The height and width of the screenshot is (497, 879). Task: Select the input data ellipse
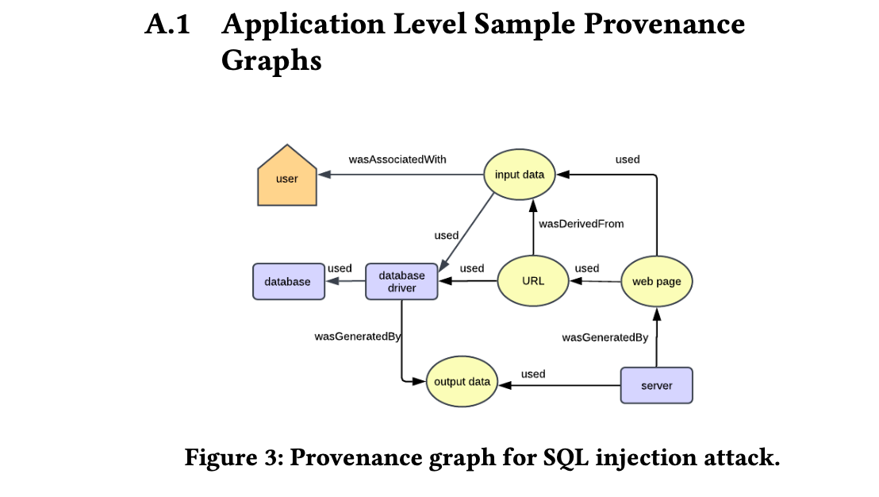pos(519,175)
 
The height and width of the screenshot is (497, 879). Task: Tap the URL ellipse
pos(533,281)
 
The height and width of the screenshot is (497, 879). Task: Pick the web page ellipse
pos(656,281)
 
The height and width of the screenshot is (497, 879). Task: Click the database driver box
pos(401,282)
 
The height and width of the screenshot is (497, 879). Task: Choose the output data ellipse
pos(462,381)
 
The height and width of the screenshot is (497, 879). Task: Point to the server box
pos(656,385)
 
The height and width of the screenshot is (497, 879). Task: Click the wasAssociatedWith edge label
pos(397,160)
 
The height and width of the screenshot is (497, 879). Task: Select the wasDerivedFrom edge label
pos(582,224)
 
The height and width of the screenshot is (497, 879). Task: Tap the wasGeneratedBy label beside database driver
pos(358,337)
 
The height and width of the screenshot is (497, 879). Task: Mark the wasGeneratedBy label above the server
pos(605,337)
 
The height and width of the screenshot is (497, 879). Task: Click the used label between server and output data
pos(533,374)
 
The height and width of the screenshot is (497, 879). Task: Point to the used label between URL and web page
pos(587,268)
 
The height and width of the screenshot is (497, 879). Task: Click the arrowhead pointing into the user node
pos(324,175)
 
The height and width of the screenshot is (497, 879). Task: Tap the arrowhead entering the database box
pos(332,280)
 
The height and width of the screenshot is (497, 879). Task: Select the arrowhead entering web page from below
pos(656,314)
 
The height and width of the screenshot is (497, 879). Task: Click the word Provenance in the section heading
pos(664,24)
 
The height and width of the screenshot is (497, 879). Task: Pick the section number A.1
pos(167,24)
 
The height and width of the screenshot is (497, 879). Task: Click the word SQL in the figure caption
pos(566,458)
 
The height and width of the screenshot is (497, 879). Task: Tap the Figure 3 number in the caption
pos(272,457)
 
